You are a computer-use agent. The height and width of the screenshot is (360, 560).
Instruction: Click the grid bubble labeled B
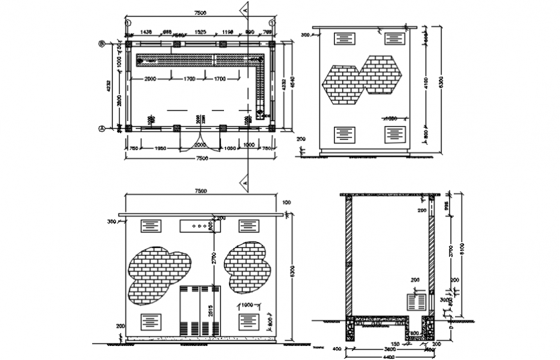coord(101,44)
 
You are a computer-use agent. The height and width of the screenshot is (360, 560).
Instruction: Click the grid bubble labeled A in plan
coord(101,128)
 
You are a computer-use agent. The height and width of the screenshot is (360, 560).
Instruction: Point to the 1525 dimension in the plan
coord(200,32)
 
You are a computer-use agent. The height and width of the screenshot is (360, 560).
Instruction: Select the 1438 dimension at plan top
coord(145,32)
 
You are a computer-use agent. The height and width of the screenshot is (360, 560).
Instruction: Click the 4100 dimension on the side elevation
coord(425,83)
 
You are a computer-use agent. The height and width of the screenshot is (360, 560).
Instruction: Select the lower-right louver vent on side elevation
coord(394,134)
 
